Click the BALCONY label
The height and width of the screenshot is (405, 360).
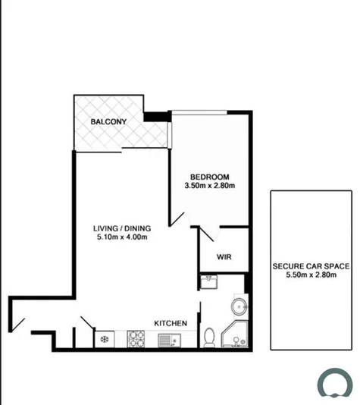pos(108,121)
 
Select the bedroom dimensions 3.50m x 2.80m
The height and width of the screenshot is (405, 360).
pos(210,184)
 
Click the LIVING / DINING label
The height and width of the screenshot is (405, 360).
pos(122,227)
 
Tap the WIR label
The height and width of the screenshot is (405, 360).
pos(224,257)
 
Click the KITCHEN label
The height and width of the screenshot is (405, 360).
pos(171,324)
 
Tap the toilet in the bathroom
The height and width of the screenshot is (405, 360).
pos(209,336)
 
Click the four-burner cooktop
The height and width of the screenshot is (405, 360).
pos(136,338)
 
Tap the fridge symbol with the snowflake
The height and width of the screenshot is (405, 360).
pos(104,339)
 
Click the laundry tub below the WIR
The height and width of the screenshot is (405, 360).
pos(210,282)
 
